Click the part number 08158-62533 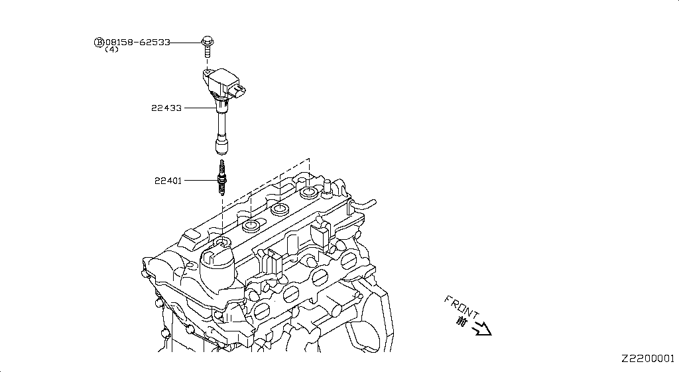[137, 42]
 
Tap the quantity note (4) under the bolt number [111, 50]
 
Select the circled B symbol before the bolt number [99, 42]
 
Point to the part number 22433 [167, 108]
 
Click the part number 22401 [168, 180]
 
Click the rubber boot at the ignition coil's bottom [221, 145]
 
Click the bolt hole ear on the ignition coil [208, 70]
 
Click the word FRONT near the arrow [462, 306]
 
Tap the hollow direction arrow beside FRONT [482, 328]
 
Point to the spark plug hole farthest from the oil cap [309, 193]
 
